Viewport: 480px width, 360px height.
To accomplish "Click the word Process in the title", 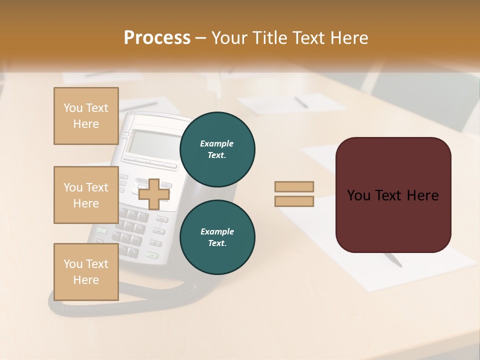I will tap(157, 38).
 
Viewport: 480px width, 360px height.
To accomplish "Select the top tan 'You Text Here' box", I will tap(86, 116).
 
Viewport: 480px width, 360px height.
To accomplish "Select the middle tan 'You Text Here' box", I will tap(86, 195).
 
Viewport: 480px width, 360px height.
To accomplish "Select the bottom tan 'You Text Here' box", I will tap(86, 272).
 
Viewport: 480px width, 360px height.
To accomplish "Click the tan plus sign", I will tap(153, 194).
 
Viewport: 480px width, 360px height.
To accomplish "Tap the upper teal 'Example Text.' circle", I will tap(217, 149).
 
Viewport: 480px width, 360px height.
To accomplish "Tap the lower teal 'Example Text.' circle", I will tap(217, 237).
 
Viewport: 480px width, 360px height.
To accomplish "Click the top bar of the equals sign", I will tap(294, 186).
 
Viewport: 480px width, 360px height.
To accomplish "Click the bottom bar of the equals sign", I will tap(294, 201).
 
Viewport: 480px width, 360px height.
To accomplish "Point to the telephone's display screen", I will tap(147, 143).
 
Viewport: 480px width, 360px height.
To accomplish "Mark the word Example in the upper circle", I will tap(217, 143).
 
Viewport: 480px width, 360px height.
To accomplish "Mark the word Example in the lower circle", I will tap(217, 231).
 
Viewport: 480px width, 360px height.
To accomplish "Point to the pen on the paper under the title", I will tap(301, 102).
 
